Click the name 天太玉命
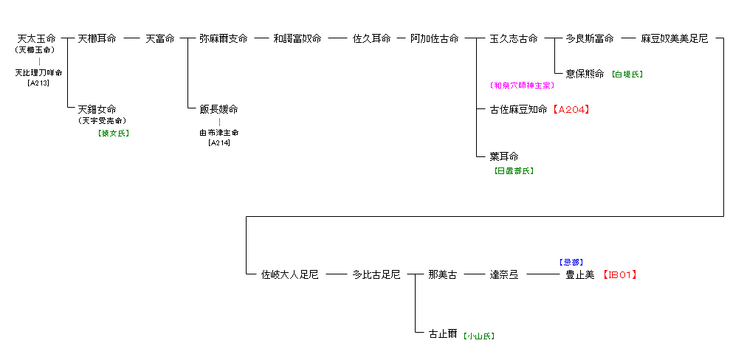(x=36, y=38)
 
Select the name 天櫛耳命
(x=97, y=38)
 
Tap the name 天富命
(x=160, y=38)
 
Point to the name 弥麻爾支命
(x=223, y=38)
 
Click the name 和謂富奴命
(x=297, y=38)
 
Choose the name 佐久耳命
(x=371, y=38)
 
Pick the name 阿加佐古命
(x=435, y=38)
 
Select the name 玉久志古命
(x=514, y=38)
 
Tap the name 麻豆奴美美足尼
(x=674, y=38)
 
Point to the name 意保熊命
(x=585, y=74)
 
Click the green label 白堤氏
(x=627, y=75)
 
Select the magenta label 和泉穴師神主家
(x=522, y=86)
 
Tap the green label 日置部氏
(x=513, y=170)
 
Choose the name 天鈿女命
(x=97, y=109)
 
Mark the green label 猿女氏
(x=113, y=134)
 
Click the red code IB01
(x=620, y=274)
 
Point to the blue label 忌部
(x=571, y=262)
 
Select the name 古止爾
(x=444, y=333)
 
